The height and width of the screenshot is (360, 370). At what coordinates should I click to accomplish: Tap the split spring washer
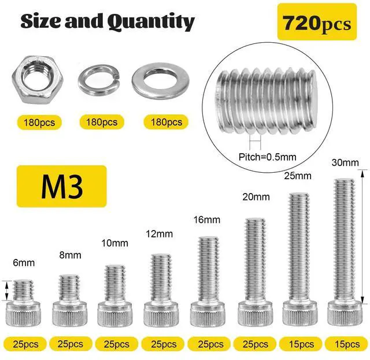click(x=99, y=91)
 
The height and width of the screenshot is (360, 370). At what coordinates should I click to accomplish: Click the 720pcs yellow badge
click(x=317, y=22)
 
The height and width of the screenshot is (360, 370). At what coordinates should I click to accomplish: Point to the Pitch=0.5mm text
click(x=267, y=157)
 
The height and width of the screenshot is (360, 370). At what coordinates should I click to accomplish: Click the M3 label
click(x=62, y=186)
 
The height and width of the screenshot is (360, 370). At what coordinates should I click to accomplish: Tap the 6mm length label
click(x=24, y=262)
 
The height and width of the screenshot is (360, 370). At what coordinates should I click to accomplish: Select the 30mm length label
click(x=345, y=162)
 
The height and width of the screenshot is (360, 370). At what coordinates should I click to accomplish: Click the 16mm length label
click(x=207, y=220)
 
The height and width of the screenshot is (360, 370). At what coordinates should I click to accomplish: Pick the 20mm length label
click(x=256, y=196)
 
